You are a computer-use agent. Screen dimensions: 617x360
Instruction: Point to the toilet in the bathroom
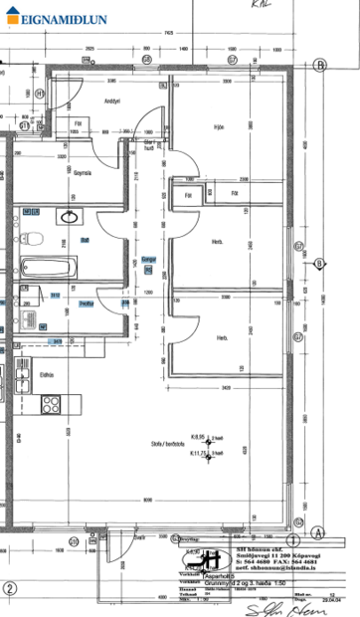tap(32, 238)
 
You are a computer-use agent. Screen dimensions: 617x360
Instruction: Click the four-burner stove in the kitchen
tap(52, 404)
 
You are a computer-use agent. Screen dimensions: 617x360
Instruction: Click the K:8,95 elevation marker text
tap(197, 436)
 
